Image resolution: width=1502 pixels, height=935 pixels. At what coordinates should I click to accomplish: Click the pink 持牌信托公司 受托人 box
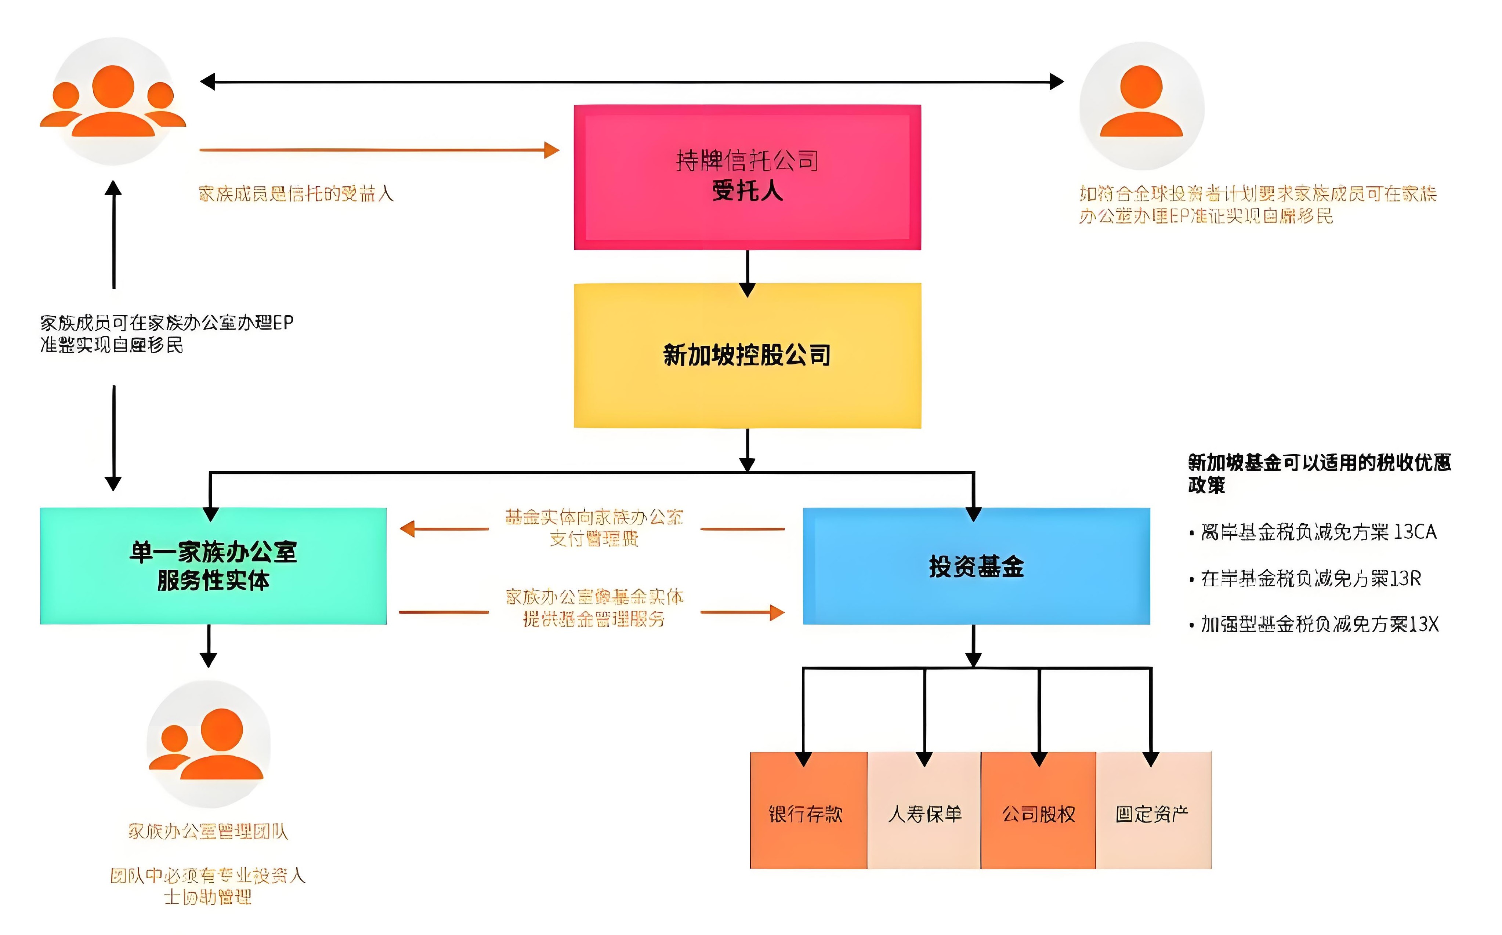coord(747,178)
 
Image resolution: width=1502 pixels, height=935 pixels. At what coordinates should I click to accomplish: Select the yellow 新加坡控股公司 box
coord(747,356)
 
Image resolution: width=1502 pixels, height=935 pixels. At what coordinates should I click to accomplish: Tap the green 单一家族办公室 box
coord(213,566)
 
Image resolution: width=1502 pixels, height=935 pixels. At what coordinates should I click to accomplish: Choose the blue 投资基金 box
coord(976,566)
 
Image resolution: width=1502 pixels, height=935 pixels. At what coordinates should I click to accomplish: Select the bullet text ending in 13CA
coord(1318,532)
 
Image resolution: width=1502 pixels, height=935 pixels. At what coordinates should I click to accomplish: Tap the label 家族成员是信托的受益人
coord(296,193)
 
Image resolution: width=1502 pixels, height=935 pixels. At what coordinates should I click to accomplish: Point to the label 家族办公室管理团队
coord(209,831)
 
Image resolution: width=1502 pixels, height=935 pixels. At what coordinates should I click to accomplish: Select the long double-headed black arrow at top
coord(631,81)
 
